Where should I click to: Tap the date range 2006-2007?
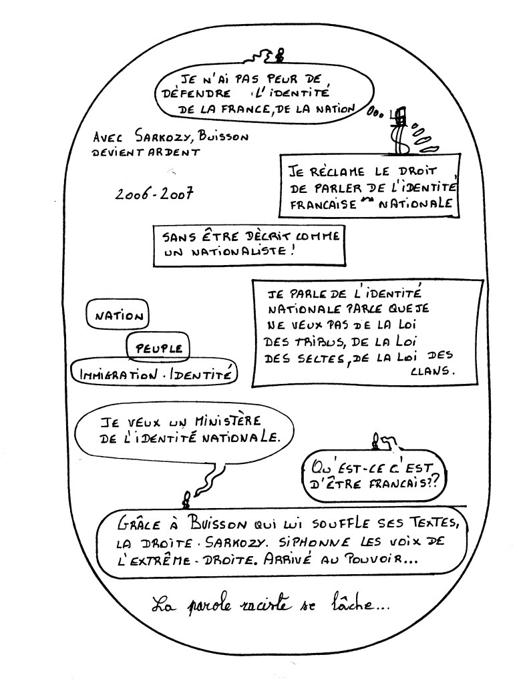(x=154, y=194)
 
